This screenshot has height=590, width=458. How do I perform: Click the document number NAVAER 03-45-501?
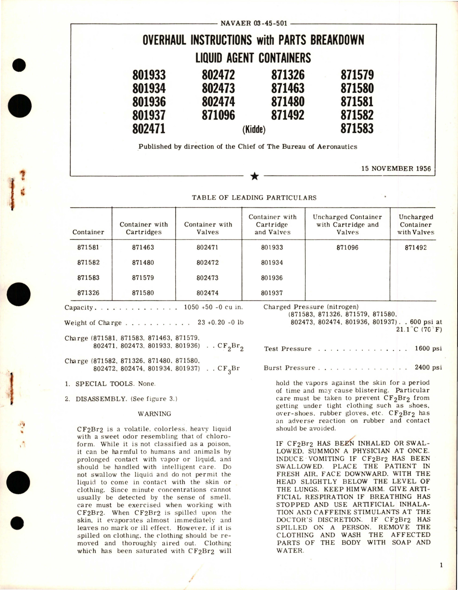tap(253, 24)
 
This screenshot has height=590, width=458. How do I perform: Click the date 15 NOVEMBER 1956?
tap(396, 169)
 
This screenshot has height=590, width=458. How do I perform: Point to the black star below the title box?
tap(255, 176)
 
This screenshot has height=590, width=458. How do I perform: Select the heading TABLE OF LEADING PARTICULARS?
tap(254, 197)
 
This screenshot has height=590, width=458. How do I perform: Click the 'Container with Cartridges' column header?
tap(144, 228)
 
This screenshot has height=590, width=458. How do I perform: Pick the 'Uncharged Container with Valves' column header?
tap(416, 224)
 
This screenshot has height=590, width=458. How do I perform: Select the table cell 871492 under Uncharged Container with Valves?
tap(416, 247)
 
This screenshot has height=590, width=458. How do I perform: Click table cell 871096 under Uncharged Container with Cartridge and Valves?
tap(347, 247)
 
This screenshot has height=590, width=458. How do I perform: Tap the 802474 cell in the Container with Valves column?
tap(207, 293)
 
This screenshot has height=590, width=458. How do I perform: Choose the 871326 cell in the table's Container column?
tap(88, 293)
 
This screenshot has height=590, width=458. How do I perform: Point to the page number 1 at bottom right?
tap(441, 566)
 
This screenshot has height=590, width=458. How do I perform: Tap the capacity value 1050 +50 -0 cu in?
tap(213, 308)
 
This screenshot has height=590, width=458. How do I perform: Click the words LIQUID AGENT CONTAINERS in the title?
tap(253, 58)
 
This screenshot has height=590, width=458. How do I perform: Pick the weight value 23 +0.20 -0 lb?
tap(220, 322)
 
